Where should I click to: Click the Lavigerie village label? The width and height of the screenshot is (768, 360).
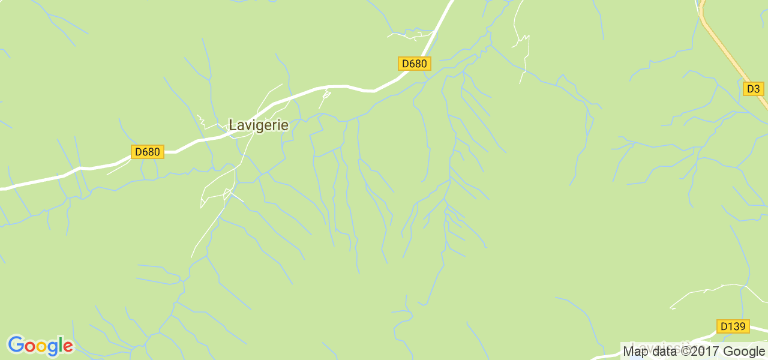tap(259, 125)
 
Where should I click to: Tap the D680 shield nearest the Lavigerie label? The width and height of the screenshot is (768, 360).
tap(147, 152)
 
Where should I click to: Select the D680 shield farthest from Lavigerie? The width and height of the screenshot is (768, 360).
tap(415, 64)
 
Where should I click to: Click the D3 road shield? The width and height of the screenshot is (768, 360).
tap(753, 89)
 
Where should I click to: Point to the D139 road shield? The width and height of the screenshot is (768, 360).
tap(733, 326)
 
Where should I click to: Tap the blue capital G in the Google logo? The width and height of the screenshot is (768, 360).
tap(16, 345)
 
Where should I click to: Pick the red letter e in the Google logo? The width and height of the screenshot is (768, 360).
tap(68, 347)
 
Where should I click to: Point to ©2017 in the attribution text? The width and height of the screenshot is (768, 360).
tap(699, 351)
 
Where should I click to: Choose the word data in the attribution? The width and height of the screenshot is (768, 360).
tap(664, 351)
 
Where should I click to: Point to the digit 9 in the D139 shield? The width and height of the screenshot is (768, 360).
tap(742, 326)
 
